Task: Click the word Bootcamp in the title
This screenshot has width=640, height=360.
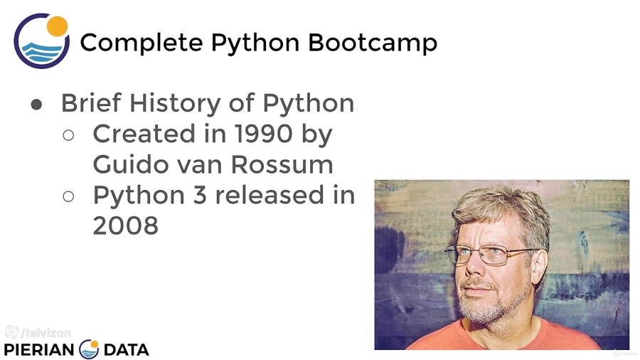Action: point(372,43)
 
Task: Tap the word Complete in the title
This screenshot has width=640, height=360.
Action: point(142,43)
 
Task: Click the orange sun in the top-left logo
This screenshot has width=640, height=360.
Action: point(57,26)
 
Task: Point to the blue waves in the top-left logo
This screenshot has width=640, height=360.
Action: point(42,53)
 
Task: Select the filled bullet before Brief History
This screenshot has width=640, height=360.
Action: point(36,105)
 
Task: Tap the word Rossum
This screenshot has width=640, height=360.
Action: point(282,164)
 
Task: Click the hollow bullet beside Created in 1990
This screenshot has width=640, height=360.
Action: point(68,135)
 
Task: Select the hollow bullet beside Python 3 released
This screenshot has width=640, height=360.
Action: point(68,196)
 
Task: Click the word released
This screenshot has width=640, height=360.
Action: point(270,195)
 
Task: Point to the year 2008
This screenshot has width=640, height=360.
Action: point(126,226)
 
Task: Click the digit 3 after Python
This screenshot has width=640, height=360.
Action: point(200,195)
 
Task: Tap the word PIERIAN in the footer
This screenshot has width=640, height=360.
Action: point(39,350)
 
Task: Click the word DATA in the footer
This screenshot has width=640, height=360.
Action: point(126,350)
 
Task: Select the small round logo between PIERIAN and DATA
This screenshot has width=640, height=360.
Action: point(89,349)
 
